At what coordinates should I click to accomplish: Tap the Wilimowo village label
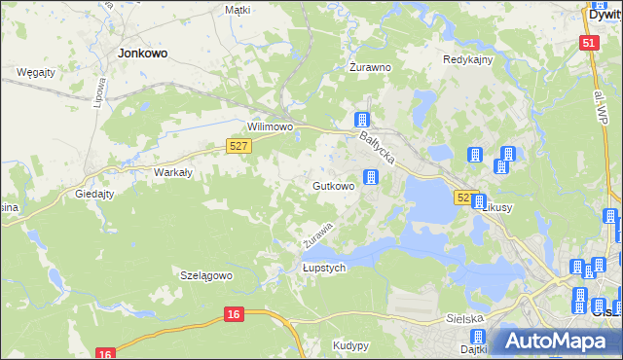click(271, 127)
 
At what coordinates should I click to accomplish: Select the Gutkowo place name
click(333, 185)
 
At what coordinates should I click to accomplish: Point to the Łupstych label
click(324, 269)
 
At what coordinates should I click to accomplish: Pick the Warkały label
click(173, 172)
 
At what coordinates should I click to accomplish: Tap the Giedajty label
click(95, 194)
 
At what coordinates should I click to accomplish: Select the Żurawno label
click(370, 68)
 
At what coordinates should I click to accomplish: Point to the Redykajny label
click(468, 59)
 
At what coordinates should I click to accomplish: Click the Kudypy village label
click(349, 345)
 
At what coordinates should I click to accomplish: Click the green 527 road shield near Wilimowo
click(239, 146)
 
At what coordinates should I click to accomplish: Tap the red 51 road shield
click(588, 44)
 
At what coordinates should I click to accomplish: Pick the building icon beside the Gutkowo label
click(371, 177)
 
